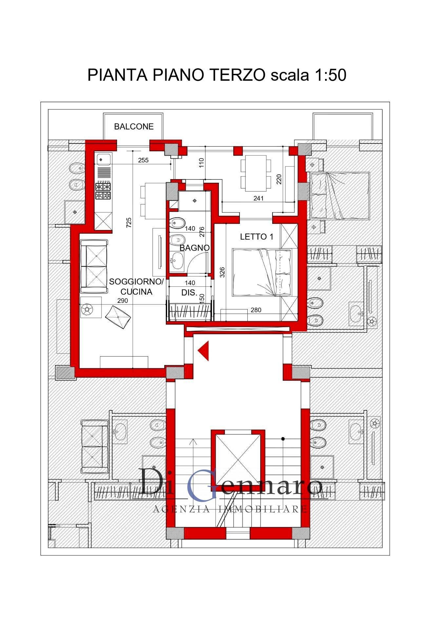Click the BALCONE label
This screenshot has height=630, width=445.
click(x=134, y=127)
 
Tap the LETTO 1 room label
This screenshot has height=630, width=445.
click(x=257, y=237)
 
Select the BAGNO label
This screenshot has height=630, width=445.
click(x=194, y=248)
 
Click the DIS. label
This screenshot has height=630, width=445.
click(x=189, y=293)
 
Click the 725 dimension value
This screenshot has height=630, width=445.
click(x=129, y=222)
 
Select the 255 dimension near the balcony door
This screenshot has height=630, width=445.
click(x=143, y=160)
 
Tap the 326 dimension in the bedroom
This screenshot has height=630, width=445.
click(x=222, y=272)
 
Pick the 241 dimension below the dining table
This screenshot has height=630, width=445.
click(x=259, y=198)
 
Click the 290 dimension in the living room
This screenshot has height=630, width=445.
click(x=123, y=301)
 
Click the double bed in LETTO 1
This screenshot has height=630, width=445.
click(x=261, y=272)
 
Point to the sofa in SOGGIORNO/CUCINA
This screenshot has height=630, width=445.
click(x=94, y=266)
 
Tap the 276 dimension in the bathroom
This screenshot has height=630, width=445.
click(x=202, y=232)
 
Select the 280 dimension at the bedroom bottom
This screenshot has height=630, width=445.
click(x=256, y=310)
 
